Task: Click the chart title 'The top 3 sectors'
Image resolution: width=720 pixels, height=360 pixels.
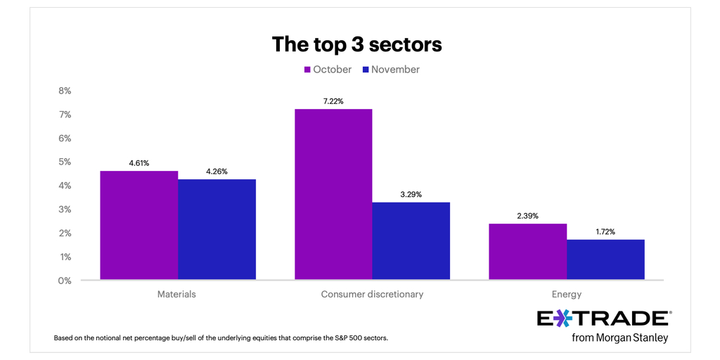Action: pyautogui.click(x=357, y=44)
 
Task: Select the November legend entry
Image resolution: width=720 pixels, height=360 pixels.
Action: pyautogui.click(x=391, y=70)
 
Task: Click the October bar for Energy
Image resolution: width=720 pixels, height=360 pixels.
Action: pyautogui.click(x=527, y=252)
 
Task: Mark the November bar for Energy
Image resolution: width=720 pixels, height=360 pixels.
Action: pyautogui.click(x=605, y=259)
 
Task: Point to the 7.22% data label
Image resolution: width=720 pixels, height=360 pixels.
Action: pyautogui.click(x=333, y=101)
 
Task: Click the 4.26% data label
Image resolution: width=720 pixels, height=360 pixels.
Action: pyautogui.click(x=217, y=172)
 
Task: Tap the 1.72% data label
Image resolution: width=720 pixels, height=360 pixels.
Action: pyautogui.click(x=605, y=231)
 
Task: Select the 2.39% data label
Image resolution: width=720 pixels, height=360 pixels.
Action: pyautogui.click(x=527, y=216)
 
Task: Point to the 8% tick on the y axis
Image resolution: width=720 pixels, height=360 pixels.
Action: pyautogui.click(x=64, y=91)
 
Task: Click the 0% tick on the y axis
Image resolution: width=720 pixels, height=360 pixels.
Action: pyautogui.click(x=64, y=281)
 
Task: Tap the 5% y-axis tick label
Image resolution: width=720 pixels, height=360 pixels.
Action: pyautogui.click(x=64, y=162)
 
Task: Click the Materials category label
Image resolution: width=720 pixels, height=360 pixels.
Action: pyautogui.click(x=177, y=295)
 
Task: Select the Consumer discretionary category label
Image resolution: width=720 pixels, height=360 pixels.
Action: pyautogui.click(x=372, y=295)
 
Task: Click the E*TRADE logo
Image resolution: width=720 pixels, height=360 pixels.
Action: pyautogui.click(x=603, y=319)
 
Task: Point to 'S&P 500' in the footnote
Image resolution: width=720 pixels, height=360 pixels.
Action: pyautogui.click(x=343, y=338)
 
